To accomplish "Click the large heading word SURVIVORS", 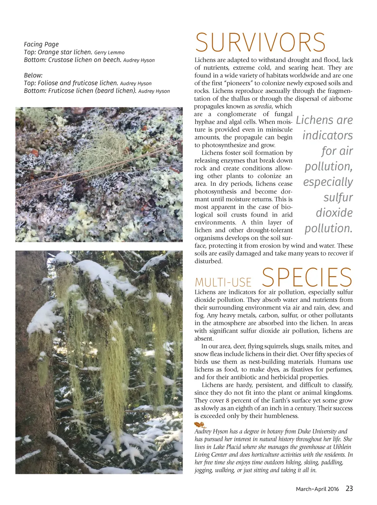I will tap(260, 43).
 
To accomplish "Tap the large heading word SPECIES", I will tap(307, 278).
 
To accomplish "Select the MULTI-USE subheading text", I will tap(223, 282).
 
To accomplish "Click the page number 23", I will tap(349, 488).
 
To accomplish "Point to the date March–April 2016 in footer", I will tap(317, 489).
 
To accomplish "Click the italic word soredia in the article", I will tap(263, 107).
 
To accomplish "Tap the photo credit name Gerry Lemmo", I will tap(109, 53).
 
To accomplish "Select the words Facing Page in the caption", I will tap(41, 44).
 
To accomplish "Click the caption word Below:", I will tap(33, 75).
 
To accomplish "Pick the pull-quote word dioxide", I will tap(334, 213).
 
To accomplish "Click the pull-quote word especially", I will tap(328, 182).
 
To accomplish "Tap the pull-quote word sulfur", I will tap(338, 198).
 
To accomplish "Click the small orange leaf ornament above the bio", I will tap(200, 425).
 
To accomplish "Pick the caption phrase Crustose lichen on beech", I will tap(85, 60).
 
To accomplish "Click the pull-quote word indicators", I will tap(327, 136).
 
